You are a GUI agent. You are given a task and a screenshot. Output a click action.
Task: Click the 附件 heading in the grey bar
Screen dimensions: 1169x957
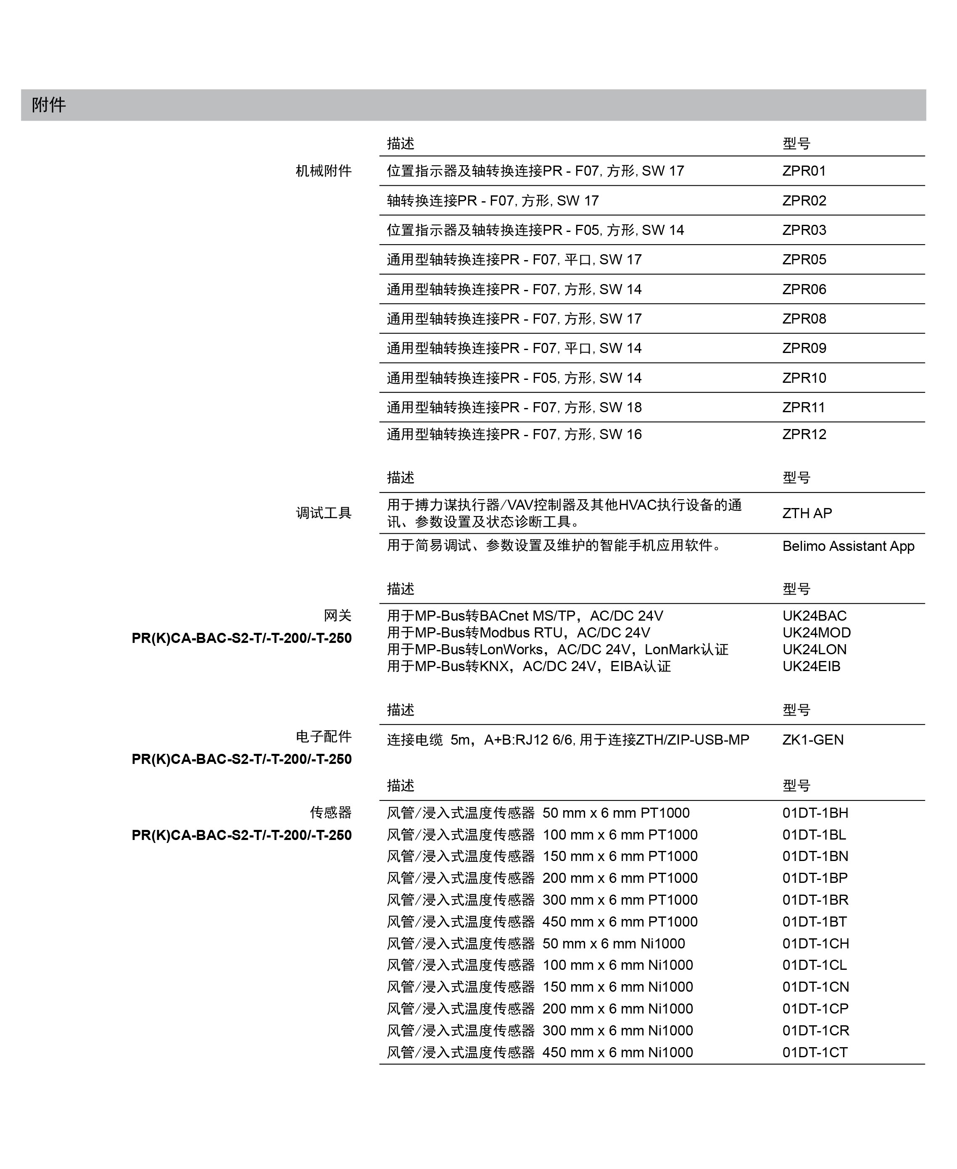[x=48, y=105]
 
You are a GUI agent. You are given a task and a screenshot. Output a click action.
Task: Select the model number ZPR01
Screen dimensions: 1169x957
[x=804, y=171]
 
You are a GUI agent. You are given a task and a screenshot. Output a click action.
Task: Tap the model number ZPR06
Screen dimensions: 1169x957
[x=804, y=290]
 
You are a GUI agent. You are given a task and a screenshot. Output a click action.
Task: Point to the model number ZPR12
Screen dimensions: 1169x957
[x=804, y=434]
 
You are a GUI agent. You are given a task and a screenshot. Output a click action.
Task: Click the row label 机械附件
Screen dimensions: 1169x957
[x=324, y=171]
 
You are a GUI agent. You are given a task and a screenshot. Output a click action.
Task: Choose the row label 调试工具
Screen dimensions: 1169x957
[x=324, y=513]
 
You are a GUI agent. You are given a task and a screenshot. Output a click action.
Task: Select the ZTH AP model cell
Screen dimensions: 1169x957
[x=807, y=513]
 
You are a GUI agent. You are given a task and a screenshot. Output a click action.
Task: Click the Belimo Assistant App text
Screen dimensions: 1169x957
[x=848, y=546]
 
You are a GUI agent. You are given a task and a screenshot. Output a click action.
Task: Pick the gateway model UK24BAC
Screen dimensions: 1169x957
[x=814, y=616]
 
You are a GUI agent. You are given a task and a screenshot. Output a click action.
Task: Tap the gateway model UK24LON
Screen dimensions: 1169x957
[x=814, y=649]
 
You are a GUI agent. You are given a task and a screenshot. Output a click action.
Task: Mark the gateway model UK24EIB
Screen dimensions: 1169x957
[x=811, y=666]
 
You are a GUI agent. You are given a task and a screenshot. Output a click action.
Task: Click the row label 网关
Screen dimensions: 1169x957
[x=337, y=616]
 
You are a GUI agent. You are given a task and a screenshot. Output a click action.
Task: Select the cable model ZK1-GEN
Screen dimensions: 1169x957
[x=812, y=740]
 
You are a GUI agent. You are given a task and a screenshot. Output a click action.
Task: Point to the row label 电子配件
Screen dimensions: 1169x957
[x=324, y=736]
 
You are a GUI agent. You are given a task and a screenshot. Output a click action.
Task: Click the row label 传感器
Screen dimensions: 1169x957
[x=330, y=812]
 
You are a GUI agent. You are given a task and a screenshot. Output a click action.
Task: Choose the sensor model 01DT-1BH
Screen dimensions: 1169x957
[x=815, y=813]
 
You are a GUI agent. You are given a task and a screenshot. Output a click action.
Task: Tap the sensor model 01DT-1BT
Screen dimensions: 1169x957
[x=814, y=922]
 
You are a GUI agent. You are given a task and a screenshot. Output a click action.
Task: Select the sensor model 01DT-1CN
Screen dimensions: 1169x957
[x=815, y=987]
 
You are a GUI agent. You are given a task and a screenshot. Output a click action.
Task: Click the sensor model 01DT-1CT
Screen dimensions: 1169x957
[x=814, y=1052]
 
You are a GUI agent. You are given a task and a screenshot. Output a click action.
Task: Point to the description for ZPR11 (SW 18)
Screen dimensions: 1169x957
[x=514, y=407]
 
